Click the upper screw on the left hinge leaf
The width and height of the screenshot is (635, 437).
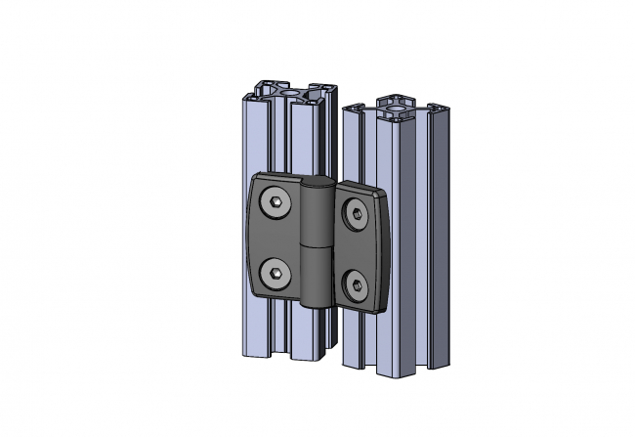[276, 204]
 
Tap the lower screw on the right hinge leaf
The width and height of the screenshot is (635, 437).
[357, 285]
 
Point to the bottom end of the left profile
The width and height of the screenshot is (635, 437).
[283, 357]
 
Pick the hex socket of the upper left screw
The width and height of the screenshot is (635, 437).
[276, 204]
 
